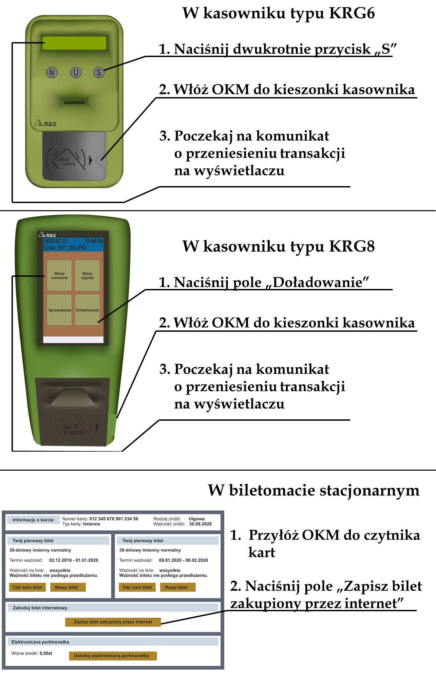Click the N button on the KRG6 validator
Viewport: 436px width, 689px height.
52,72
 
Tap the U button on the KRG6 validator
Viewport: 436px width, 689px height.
76,72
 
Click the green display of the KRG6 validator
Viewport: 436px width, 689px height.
74,43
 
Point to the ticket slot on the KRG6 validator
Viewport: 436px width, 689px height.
75,102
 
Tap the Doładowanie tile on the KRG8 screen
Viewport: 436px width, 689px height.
87,310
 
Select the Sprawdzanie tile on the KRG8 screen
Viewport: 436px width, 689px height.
60,310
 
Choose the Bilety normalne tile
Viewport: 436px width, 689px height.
59,275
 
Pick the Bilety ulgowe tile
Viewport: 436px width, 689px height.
87,275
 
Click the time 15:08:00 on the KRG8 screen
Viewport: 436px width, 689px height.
93,241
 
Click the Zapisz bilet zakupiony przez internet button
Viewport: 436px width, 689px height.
113,622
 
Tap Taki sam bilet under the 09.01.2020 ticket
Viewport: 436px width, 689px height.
137,587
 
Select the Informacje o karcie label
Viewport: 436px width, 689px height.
33,520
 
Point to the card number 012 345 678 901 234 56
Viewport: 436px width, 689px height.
114,519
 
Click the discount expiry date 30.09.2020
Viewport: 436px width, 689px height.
200,524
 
